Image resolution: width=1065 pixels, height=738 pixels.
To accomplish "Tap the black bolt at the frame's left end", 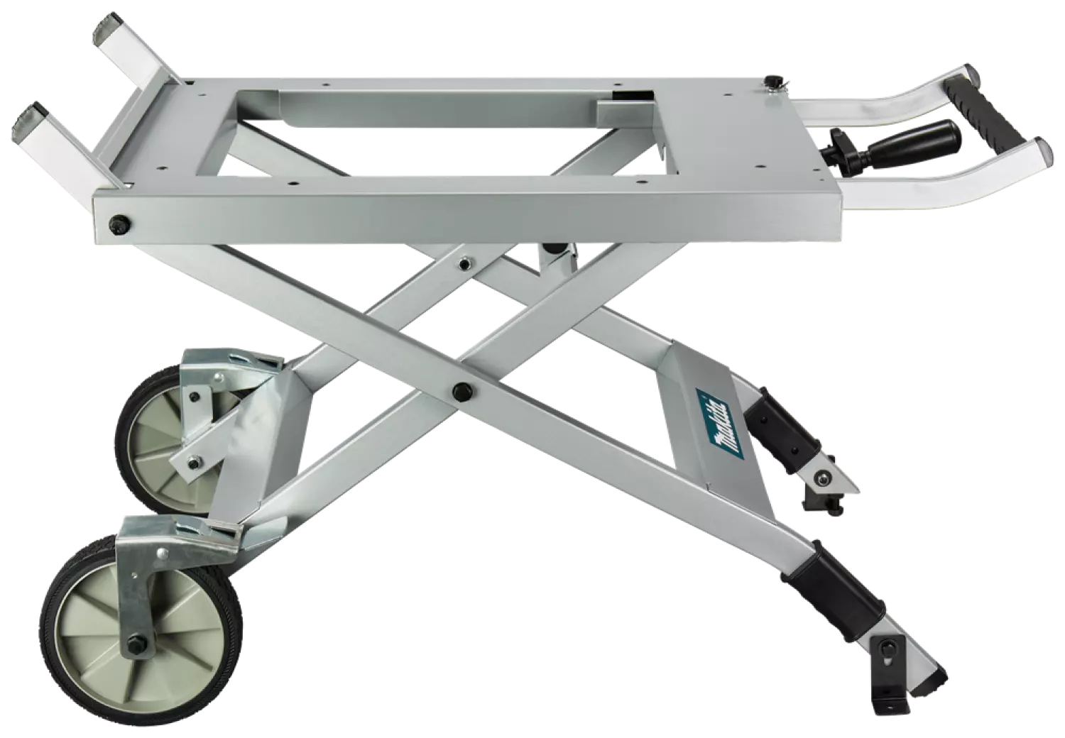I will click(x=114, y=224).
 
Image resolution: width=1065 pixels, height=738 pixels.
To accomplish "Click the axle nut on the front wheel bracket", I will click(x=135, y=646).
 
